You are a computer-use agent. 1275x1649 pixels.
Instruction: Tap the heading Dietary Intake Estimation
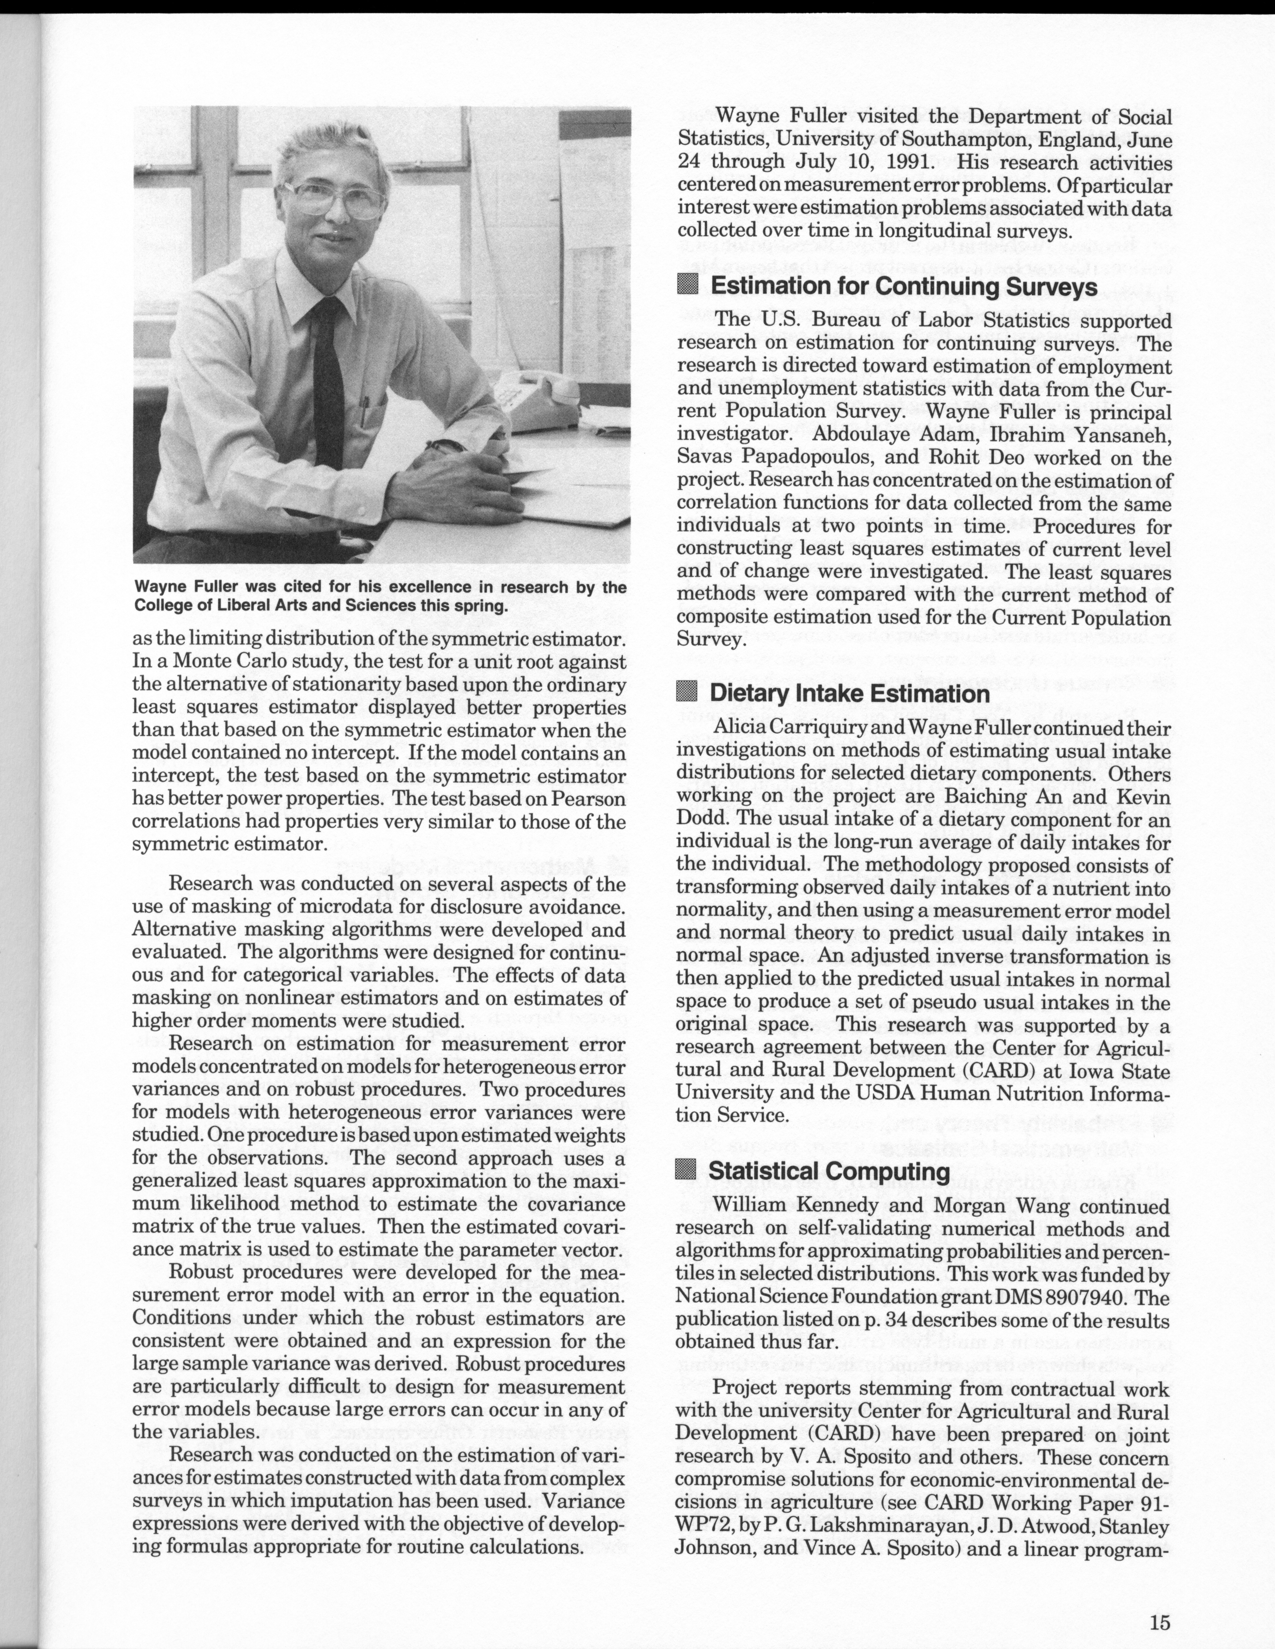pyautogui.click(x=849, y=694)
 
